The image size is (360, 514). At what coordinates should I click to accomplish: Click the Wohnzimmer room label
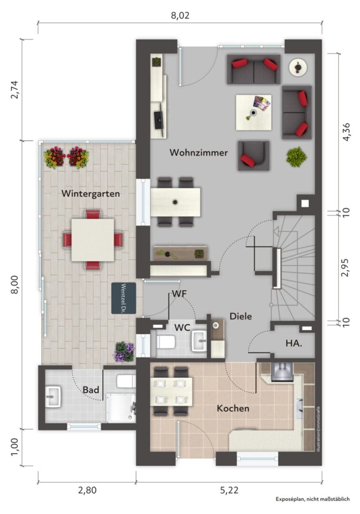(x=199, y=153)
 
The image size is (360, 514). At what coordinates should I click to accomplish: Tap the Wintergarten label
(x=90, y=194)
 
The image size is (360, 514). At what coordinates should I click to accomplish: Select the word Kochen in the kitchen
(x=233, y=408)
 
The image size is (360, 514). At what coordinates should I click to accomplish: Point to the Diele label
(x=240, y=316)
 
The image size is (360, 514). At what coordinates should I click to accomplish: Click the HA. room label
(x=294, y=344)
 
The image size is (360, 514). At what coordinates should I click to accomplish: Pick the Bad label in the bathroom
(x=91, y=390)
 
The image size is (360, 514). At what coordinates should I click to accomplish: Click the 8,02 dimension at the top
(x=180, y=15)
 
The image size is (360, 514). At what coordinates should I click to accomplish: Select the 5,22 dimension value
(x=229, y=490)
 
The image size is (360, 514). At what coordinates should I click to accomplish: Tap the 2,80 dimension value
(x=87, y=490)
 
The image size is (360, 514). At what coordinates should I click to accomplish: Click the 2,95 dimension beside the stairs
(x=345, y=268)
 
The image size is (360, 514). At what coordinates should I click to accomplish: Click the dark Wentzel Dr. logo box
(x=124, y=298)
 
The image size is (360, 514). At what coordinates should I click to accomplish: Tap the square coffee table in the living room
(x=253, y=112)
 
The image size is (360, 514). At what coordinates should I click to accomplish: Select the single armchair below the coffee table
(x=253, y=156)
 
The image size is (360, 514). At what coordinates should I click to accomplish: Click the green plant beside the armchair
(x=296, y=157)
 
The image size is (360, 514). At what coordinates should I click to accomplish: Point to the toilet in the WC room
(x=165, y=342)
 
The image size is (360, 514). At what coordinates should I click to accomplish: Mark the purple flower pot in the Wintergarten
(x=124, y=352)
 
